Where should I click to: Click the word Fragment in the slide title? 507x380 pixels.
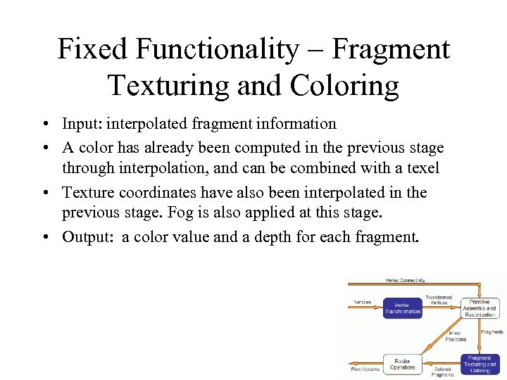point(392,49)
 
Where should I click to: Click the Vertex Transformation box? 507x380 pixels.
point(403,308)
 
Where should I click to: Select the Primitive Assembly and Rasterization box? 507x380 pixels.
point(480,308)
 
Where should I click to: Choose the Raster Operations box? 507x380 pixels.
point(403,363)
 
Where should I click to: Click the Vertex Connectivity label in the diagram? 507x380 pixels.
point(405,280)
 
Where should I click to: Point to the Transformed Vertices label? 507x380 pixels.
point(439,300)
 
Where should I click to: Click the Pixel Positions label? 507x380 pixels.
point(456,336)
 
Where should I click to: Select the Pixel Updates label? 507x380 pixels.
point(365,369)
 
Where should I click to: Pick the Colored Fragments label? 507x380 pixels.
point(443,372)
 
